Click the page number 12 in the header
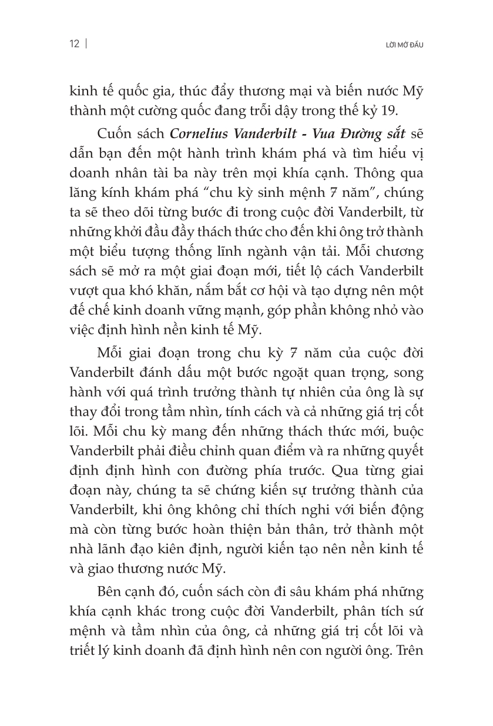(x=74, y=45)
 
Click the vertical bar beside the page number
(x=86, y=45)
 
